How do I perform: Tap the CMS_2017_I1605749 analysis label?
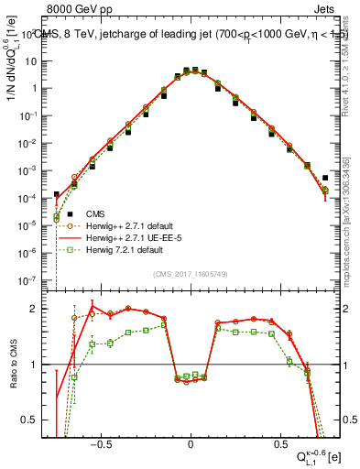tap(191, 275)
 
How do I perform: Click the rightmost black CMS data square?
tap(325, 178)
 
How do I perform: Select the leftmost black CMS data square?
tap(56, 194)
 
